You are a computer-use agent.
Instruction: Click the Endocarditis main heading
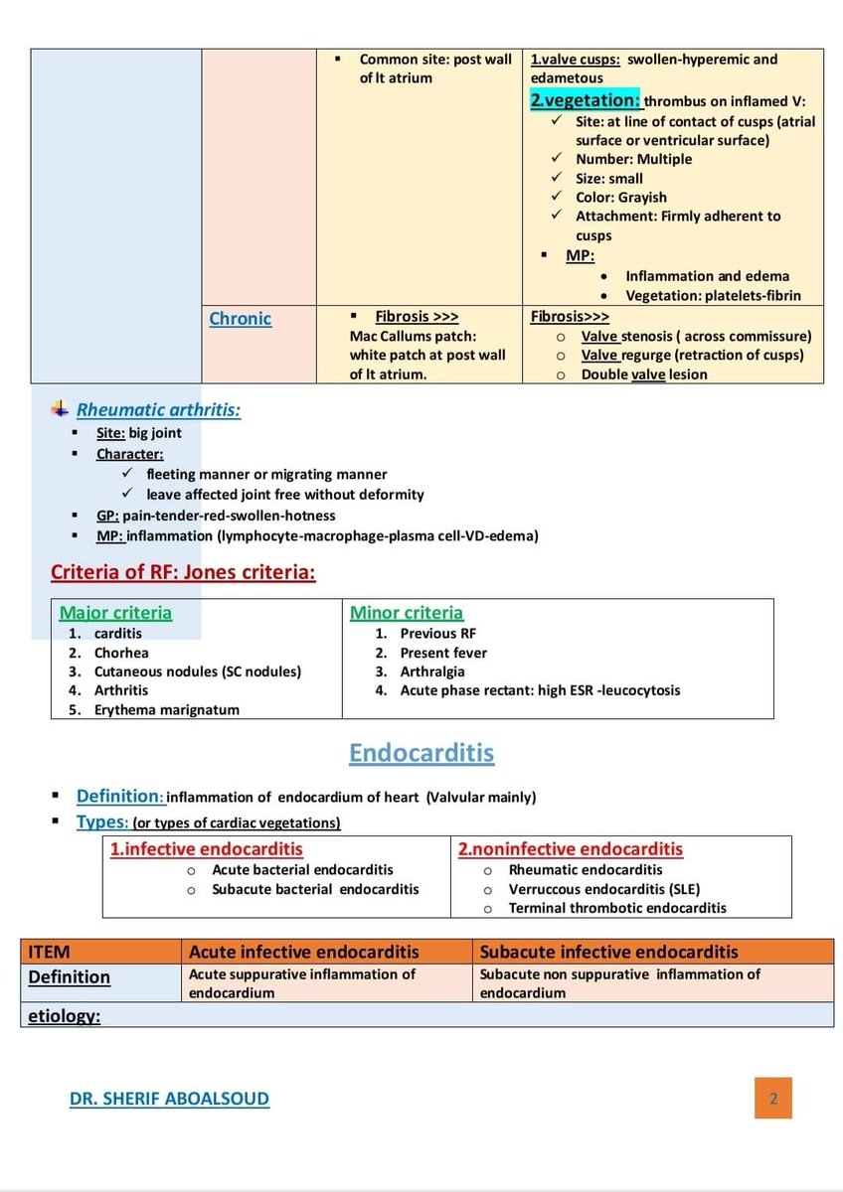(421, 753)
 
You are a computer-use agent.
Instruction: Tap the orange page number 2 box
(772, 1099)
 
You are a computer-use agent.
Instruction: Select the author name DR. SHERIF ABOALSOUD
(169, 1098)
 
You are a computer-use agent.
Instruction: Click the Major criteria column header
(115, 613)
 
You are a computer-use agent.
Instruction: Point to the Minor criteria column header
(407, 613)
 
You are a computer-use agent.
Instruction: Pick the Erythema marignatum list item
(166, 709)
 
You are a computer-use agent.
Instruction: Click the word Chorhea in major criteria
(121, 653)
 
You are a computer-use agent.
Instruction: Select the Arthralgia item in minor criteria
(433, 671)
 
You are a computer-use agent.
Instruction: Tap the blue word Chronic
(240, 318)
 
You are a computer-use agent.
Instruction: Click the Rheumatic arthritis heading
(158, 409)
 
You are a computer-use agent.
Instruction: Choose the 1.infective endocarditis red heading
(207, 849)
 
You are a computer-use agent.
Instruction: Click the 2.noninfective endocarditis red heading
(571, 849)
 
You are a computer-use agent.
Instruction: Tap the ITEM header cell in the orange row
(50, 952)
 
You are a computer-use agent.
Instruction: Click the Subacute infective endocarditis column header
(609, 952)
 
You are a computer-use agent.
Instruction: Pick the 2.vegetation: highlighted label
(585, 99)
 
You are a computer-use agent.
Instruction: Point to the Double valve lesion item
(644, 374)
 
